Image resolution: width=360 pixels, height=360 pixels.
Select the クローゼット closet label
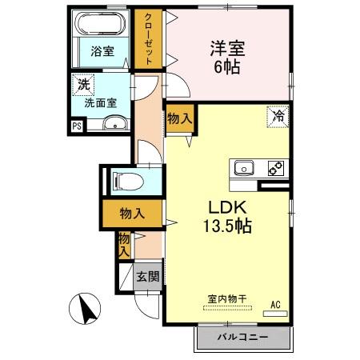146,38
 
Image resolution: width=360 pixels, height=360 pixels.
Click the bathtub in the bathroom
102,24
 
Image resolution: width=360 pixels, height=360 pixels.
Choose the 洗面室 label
101,103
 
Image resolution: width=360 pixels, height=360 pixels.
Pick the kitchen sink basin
243,168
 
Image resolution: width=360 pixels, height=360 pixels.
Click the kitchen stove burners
275,168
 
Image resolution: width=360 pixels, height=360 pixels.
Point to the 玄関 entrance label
146,277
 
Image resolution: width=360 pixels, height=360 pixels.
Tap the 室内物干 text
227,298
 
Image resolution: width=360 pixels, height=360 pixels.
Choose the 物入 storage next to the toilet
131,214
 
